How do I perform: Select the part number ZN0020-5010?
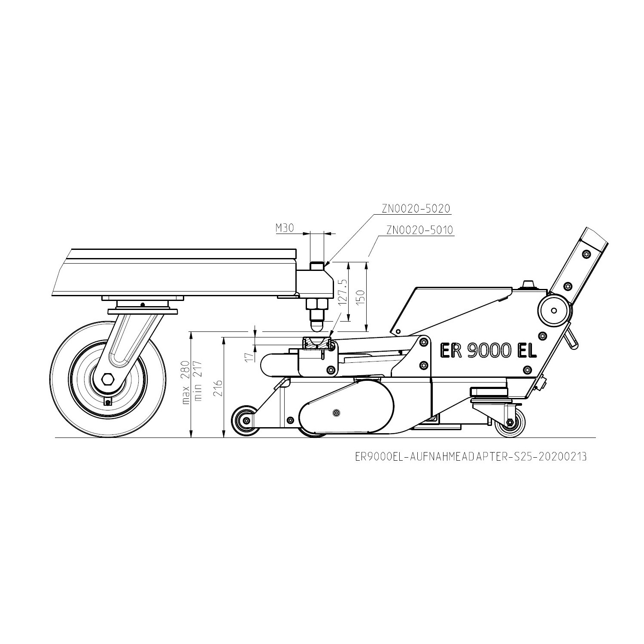(420, 230)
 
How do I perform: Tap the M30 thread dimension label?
(285, 228)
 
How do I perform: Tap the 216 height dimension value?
(218, 389)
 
